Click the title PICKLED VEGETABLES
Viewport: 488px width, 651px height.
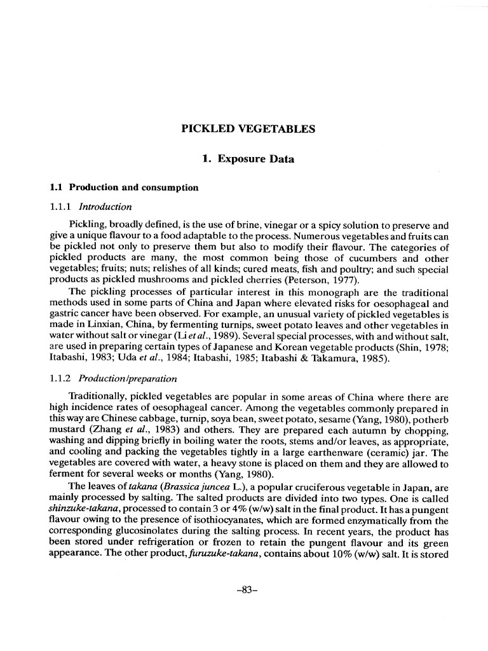(x=248, y=128)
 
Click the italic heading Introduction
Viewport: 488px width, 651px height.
(x=105, y=206)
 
